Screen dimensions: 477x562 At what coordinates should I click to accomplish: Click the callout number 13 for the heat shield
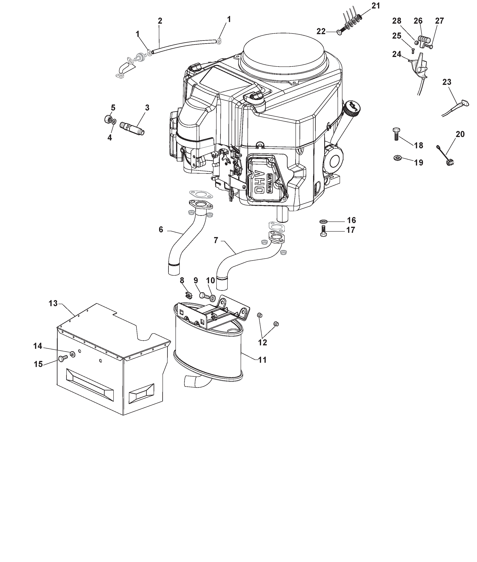[53, 304]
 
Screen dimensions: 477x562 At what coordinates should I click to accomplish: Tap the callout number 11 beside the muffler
[262, 360]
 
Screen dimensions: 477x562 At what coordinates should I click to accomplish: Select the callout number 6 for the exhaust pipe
[161, 230]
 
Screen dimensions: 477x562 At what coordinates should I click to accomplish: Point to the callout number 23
[447, 82]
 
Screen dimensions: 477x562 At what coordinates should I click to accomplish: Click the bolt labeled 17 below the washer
[323, 231]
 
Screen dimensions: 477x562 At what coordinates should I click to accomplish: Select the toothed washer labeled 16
[323, 222]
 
